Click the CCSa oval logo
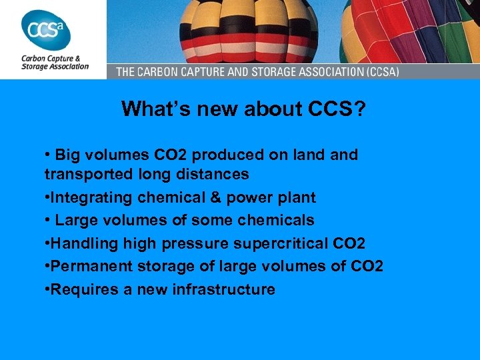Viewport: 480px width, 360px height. pos(46,29)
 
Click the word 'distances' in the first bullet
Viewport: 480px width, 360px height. pos(218,174)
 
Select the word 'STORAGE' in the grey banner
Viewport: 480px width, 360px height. pos(258,71)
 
